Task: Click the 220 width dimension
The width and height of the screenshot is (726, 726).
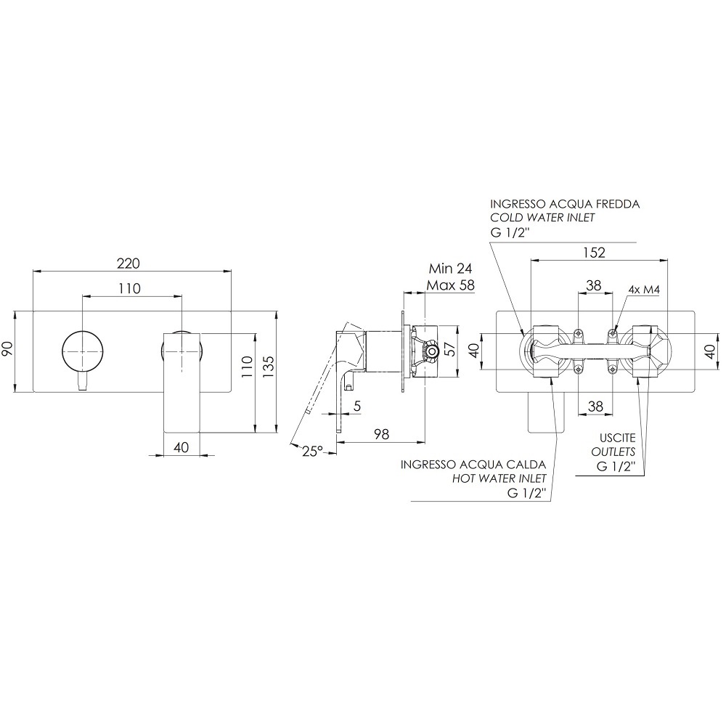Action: tap(129, 264)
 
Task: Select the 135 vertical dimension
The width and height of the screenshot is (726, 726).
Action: tap(269, 366)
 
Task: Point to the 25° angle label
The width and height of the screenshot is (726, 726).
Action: tap(312, 451)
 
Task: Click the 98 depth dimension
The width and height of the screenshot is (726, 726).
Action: tap(382, 434)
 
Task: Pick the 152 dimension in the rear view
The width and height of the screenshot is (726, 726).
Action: tap(594, 253)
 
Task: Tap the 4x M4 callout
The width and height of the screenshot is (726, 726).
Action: tap(644, 290)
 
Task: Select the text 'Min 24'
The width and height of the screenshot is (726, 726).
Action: tap(450, 269)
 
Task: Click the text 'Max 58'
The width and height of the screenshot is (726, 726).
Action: tap(451, 285)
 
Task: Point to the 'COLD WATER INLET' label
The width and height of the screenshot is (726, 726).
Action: tap(542, 218)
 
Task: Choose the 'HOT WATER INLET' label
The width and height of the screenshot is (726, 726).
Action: tap(499, 478)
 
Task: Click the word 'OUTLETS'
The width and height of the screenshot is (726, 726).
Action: tap(613, 452)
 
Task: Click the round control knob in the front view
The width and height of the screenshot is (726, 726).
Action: tap(82, 351)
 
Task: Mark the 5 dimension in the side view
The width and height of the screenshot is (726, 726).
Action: tap(356, 406)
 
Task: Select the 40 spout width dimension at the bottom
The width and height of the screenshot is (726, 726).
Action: tap(181, 447)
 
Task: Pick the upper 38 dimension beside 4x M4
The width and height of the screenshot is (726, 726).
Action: tap(594, 285)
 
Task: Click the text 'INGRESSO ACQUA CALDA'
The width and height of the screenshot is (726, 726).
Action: tap(473, 464)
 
